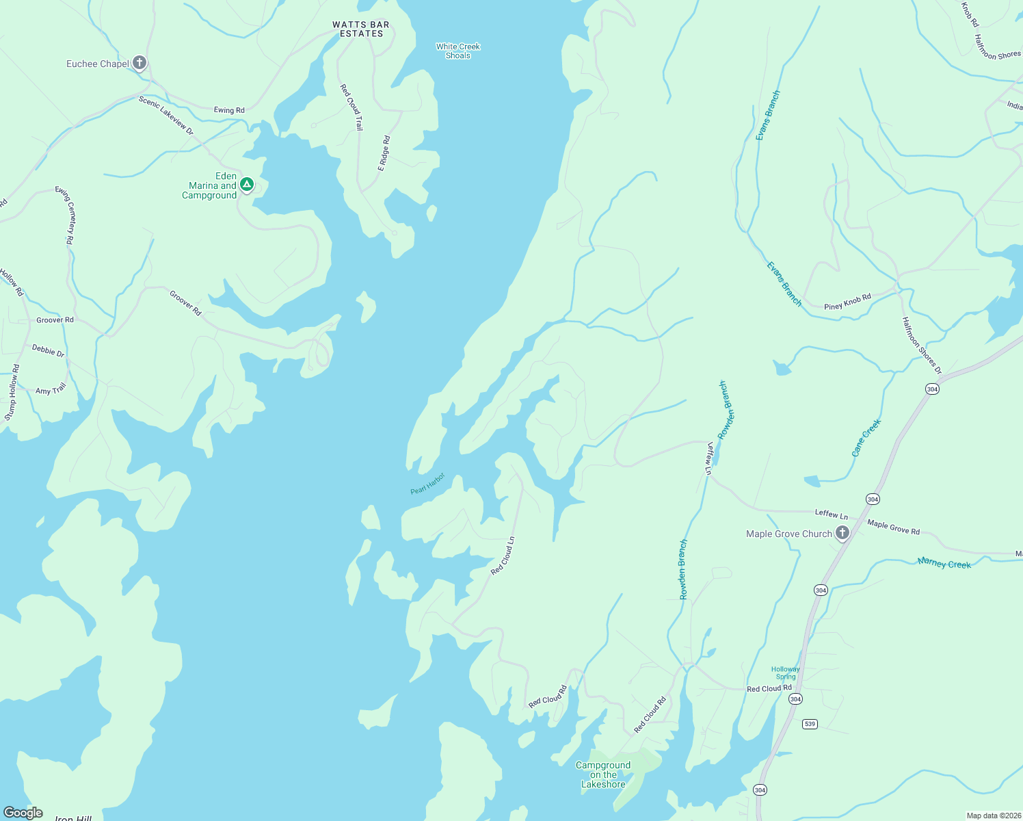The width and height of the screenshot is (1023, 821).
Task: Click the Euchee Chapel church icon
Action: click(x=139, y=64)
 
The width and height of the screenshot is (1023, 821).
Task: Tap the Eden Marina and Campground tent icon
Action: click(x=247, y=184)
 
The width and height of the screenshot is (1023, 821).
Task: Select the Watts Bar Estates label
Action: click(x=361, y=29)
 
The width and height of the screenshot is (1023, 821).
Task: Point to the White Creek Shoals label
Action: click(x=458, y=51)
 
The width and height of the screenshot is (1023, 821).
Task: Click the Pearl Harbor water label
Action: click(x=427, y=484)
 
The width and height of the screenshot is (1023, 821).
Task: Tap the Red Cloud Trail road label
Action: click(x=351, y=107)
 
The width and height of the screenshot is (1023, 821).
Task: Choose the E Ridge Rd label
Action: click(x=384, y=153)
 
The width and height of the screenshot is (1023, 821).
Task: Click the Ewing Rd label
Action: click(x=229, y=110)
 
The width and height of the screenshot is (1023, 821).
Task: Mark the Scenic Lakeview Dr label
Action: click(x=166, y=115)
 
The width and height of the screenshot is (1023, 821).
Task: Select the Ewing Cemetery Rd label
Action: click(x=64, y=215)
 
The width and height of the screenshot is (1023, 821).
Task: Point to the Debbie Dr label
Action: click(x=48, y=351)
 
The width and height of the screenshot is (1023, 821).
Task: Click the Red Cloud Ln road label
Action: click(x=503, y=556)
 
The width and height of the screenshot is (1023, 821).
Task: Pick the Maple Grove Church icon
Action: click(x=842, y=533)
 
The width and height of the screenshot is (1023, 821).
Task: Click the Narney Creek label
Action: click(x=944, y=563)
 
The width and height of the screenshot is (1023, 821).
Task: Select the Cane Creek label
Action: click(x=866, y=438)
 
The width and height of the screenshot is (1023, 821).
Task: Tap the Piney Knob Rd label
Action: click(x=847, y=302)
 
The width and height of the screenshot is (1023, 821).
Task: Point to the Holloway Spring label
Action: click(x=785, y=673)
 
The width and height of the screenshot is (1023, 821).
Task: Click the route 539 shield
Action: click(x=810, y=724)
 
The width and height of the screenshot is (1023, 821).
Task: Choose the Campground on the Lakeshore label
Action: click(x=603, y=775)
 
